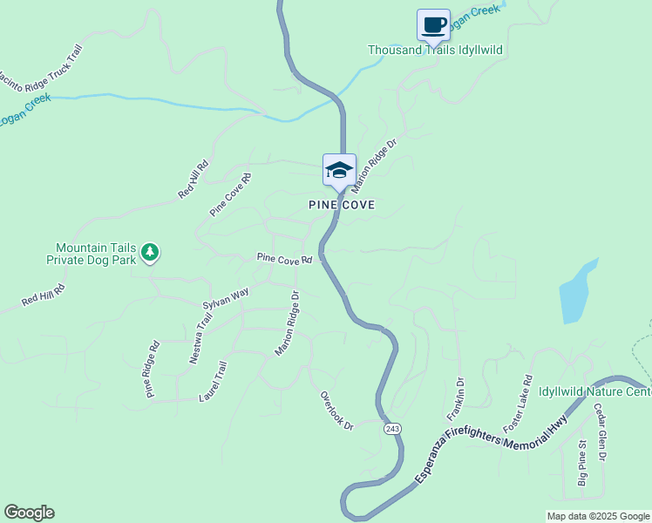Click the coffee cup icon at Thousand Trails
tap(433, 24)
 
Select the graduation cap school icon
tap(339, 169)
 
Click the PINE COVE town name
tap(342, 205)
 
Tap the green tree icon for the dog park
tap(151, 253)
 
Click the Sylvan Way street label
tap(226, 298)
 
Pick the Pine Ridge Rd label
tap(153, 370)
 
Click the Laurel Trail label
tap(213, 382)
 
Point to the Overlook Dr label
tap(336, 410)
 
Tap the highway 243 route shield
tap(392, 428)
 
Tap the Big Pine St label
tap(582, 464)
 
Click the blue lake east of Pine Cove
tap(578, 292)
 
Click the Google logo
tap(29, 513)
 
